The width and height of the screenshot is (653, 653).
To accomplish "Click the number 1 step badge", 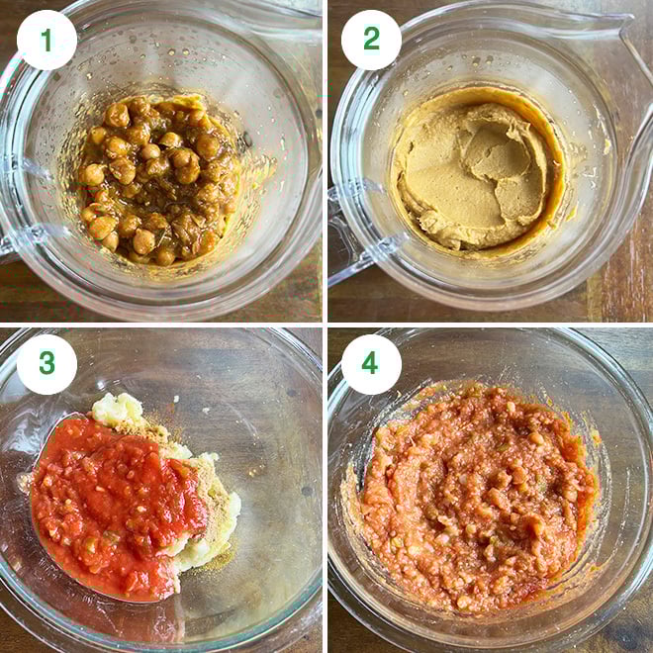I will [x=47, y=40].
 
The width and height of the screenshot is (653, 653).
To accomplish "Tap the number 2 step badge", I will [x=371, y=40].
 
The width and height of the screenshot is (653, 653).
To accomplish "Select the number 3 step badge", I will [x=47, y=364].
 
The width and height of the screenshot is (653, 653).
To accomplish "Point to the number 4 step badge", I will [x=371, y=364].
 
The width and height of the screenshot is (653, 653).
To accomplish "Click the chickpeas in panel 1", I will [x=158, y=178].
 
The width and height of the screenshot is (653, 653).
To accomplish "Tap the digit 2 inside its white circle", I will [x=371, y=40].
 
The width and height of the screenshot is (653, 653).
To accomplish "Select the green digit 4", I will [x=371, y=364].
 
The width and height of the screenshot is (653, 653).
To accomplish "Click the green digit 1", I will [x=47, y=40].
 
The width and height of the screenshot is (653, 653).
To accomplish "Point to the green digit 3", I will [x=47, y=364].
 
